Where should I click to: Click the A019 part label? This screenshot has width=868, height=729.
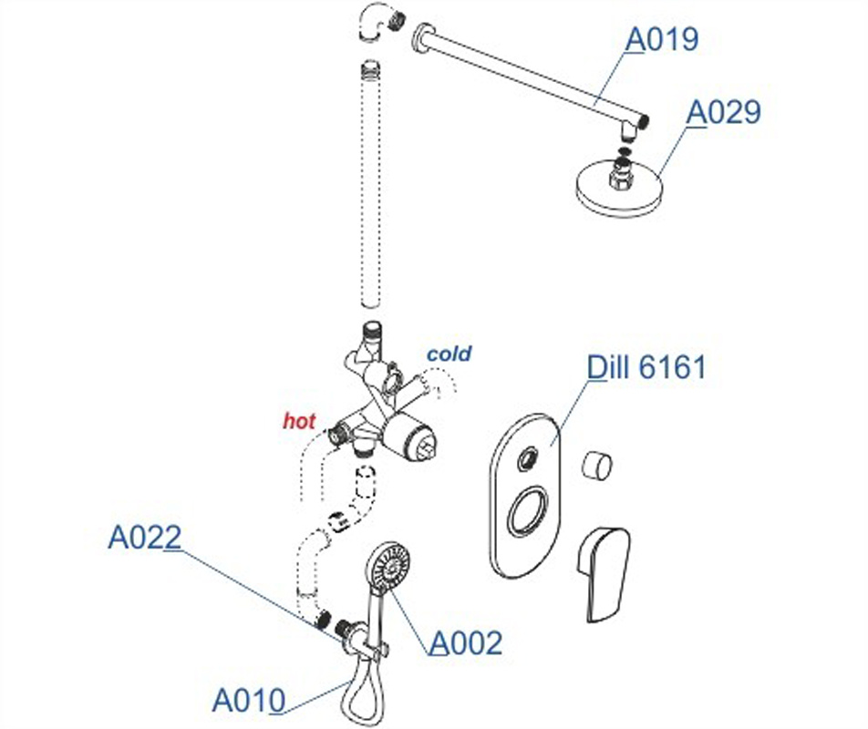[x=661, y=41]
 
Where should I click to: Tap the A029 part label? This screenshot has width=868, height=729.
[x=723, y=112]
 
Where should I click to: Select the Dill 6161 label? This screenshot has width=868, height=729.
[x=646, y=368]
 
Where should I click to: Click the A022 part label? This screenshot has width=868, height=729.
[x=144, y=538]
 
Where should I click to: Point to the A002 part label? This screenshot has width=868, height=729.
[x=466, y=643]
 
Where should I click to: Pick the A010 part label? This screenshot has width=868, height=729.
[x=248, y=701]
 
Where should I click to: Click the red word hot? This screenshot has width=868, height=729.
[x=299, y=421]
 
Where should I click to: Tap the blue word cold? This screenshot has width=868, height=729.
[x=449, y=354]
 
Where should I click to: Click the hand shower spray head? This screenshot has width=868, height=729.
[x=385, y=566]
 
